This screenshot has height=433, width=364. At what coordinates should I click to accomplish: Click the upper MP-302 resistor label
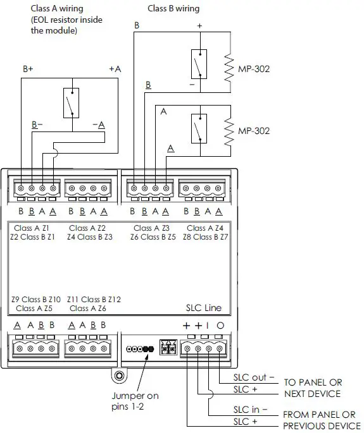(254, 69)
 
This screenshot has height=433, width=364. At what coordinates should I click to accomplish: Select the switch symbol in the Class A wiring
(72, 103)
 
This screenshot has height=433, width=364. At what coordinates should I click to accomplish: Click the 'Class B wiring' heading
(173, 9)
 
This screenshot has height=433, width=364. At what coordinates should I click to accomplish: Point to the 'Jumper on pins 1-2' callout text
(135, 401)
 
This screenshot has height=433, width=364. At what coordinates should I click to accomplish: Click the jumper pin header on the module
(141, 349)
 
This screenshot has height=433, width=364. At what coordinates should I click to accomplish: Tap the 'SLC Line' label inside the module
(204, 308)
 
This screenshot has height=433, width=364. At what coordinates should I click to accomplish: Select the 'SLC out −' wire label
(254, 377)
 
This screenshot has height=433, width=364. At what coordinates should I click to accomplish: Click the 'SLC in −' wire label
(250, 410)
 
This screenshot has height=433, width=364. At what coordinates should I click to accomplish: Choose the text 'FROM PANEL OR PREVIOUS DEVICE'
(322, 420)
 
